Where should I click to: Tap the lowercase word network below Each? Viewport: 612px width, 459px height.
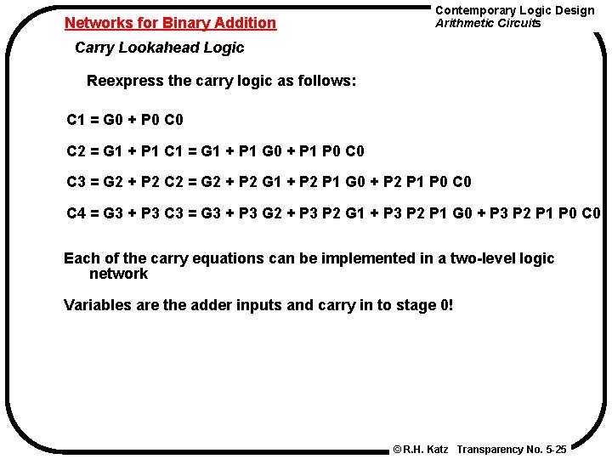[x=118, y=274]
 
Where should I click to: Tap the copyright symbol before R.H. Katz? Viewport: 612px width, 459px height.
[x=397, y=448]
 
